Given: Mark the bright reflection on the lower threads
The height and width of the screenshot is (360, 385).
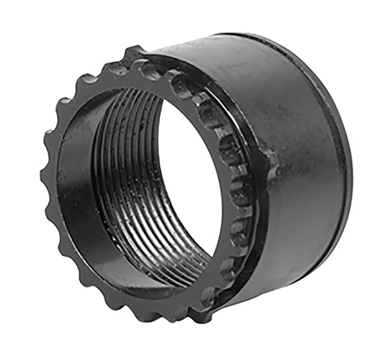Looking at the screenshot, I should point(163,257).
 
